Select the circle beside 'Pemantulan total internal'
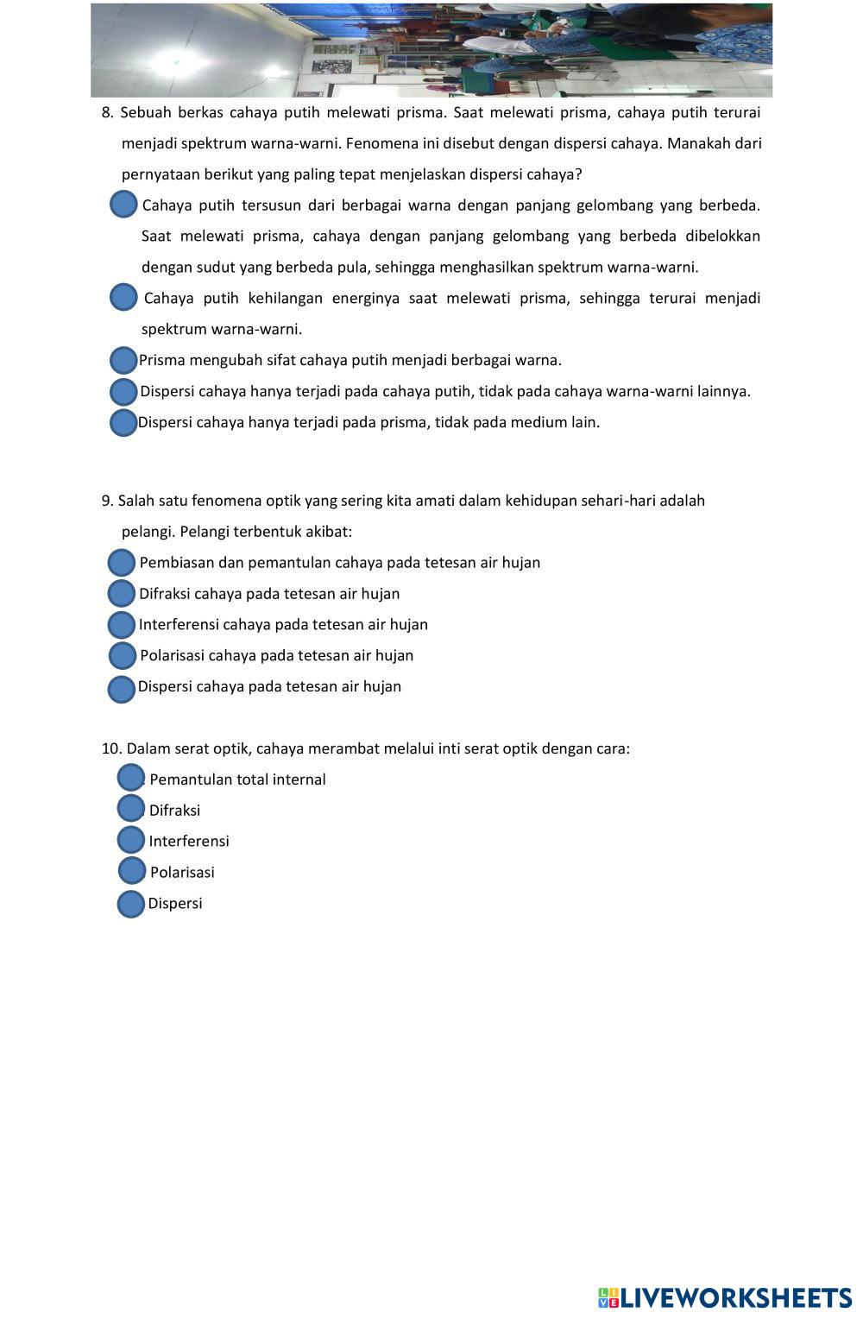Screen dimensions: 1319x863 (x=130, y=777)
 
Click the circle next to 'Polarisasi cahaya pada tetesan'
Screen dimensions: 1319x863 (x=123, y=656)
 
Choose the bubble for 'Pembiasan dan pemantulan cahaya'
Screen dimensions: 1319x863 (x=122, y=563)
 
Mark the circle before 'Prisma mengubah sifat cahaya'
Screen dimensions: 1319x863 (x=124, y=360)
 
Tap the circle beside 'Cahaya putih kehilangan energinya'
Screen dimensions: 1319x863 (x=124, y=298)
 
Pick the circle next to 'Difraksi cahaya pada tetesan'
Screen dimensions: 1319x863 (x=122, y=594)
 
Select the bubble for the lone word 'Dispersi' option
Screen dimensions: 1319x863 (x=130, y=904)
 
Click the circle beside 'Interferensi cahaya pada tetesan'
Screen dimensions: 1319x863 (x=122, y=625)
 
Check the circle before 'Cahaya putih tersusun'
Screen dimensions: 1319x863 (x=124, y=205)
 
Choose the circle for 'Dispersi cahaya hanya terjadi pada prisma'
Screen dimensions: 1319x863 (x=124, y=423)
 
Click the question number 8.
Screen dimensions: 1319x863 (x=107, y=113)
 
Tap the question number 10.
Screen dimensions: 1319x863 (x=111, y=749)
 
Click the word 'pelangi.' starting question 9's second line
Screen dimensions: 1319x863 (x=148, y=532)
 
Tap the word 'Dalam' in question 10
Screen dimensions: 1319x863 (x=145, y=749)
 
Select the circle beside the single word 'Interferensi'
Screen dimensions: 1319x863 (x=130, y=839)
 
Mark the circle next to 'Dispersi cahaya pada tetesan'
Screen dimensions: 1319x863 (x=122, y=689)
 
